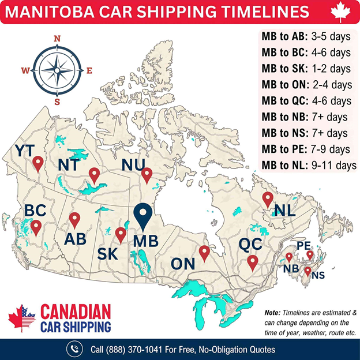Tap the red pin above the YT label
pyautogui.click(x=38, y=164)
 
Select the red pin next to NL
pyautogui.click(x=267, y=200)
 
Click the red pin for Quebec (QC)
pyautogui.click(x=252, y=262)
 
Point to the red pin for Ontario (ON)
pyautogui.click(x=204, y=253)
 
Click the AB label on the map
pyautogui.click(x=77, y=238)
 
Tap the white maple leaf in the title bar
pyautogui.click(x=340, y=12)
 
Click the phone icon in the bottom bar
pyautogui.click(x=74, y=349)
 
